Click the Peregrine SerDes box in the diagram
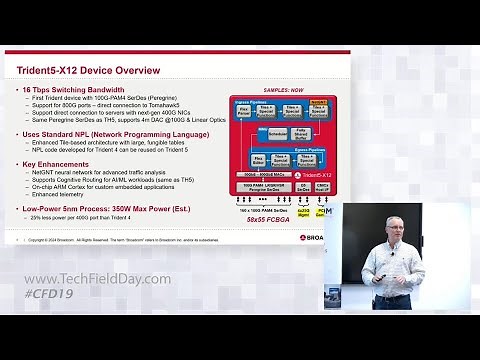263,189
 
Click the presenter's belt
392,304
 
